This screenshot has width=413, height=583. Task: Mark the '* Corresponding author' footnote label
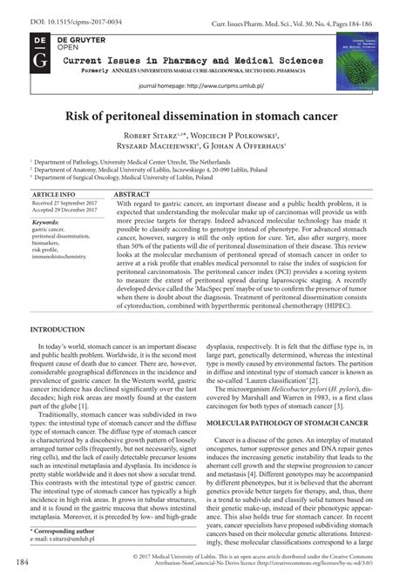click(x=66, y=530)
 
